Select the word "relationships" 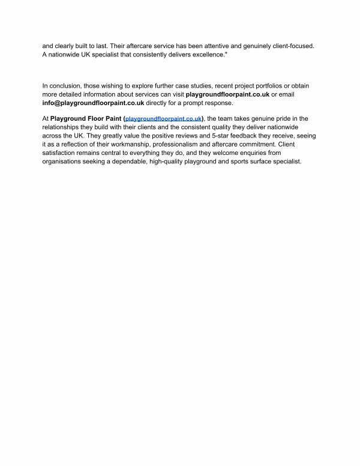[x=63, y=128]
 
